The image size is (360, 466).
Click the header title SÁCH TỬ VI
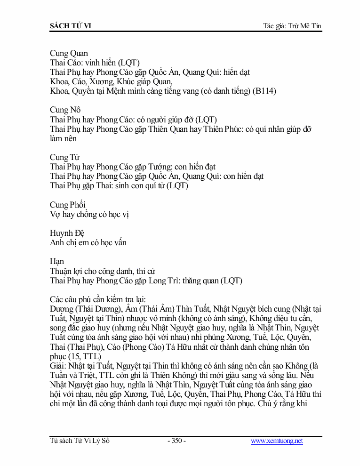coord(70,26)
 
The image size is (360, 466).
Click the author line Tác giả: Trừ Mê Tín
coord(292,26)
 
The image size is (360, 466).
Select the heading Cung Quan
coord(69,53)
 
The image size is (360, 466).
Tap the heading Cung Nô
coord(65,110)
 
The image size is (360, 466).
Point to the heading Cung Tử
coord(64,157)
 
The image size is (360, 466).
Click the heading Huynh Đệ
coord(67,233)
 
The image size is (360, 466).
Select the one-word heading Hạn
coord(57,261)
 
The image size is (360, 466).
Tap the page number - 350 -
coord(176,441)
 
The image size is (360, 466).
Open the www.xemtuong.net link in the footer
coord(277,441)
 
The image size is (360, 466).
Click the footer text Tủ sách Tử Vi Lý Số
coord(80,441)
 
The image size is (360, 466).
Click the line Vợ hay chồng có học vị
coord(89,214)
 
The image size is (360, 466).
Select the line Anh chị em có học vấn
coord(88,242)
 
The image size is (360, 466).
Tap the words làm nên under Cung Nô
coord(63,138)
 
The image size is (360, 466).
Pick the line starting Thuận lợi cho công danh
coord(103,271)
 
